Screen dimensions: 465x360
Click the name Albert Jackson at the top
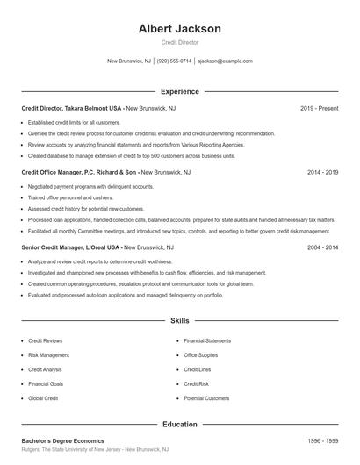click(x=179, y=29)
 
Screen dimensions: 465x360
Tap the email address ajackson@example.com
click(x=225, y=61)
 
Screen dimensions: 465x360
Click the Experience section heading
click(x=179, y=91)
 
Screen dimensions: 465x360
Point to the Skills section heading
click(x=179, y=322)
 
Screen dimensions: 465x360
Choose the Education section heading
click(x=179, y=424)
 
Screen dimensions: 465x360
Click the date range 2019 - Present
click(x=319, y=108)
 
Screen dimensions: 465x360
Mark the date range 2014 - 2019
click(x=322, y=173)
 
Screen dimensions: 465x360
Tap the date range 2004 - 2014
click(x=322, y=248)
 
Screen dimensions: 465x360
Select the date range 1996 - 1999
click(x=322, y=440)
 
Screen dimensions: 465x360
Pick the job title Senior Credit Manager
click(x=54, y=248)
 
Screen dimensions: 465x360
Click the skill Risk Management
click(x=48, y=355)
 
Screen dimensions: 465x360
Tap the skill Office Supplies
click(x=201, y=355)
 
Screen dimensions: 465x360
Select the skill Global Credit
click(x=43, y=398)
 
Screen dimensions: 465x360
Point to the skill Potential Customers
click(x=206, y=398)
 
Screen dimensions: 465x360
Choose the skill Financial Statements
click(x=207, y=340)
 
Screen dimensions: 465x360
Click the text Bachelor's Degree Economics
click(x=62, y=440)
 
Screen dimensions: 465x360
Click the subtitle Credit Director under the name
click(x=179, y=42)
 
